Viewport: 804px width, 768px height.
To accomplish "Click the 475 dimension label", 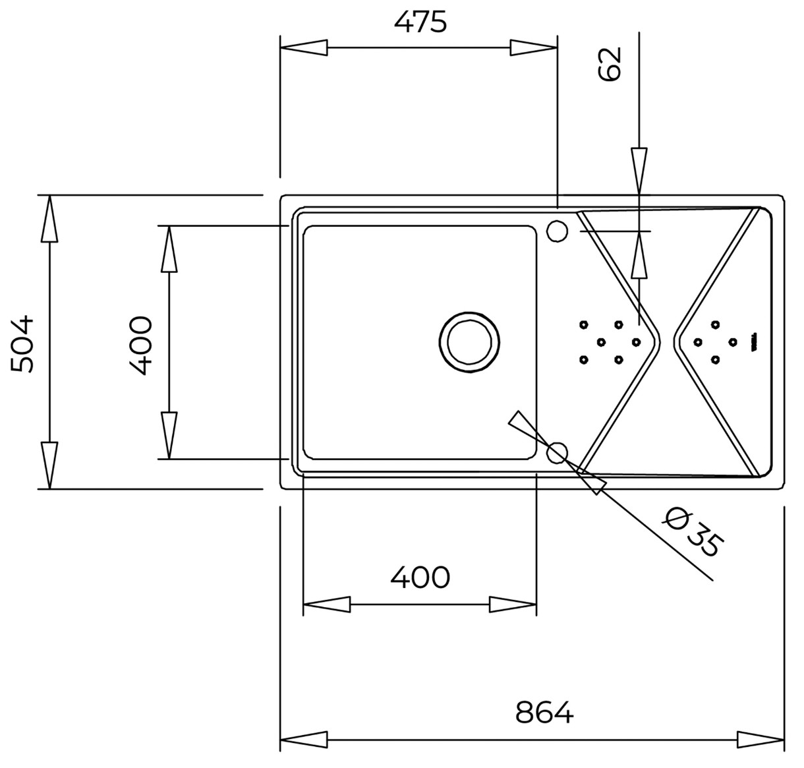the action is click(x=420, y=22).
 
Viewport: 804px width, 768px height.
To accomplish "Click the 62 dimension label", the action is click(x=610, y=64).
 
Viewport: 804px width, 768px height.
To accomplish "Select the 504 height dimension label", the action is click(x=22, y=344).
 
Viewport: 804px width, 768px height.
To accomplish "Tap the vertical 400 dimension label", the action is click(x=141, y=345).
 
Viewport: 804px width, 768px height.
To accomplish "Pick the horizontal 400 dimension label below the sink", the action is click(x=420, y=577).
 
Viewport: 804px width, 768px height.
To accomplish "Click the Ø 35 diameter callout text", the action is click(x=693, y=533).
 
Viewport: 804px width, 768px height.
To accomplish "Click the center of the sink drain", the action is click(x=469, y=342).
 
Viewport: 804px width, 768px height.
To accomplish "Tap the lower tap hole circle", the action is click(x=557, y=453).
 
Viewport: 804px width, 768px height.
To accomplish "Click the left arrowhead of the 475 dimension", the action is click(x=304, y=47).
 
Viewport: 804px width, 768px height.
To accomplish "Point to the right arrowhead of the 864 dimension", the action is click(x=761, y=740).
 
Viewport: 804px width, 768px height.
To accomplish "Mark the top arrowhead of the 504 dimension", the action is click(x=49, y=219).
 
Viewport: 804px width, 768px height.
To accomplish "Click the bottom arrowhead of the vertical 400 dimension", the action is click(x=169, y=435).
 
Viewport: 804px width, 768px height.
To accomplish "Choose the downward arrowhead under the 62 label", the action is click(x=639, y=171).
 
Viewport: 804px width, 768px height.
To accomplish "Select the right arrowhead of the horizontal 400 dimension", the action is click(x=513, y=605).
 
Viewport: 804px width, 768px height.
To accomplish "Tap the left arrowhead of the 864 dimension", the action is click(x=304, y=740).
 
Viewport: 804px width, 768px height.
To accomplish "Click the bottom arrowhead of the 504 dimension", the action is click(x=49, y=465).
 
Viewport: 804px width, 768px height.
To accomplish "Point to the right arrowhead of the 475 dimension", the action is click(x=534, y=47).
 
